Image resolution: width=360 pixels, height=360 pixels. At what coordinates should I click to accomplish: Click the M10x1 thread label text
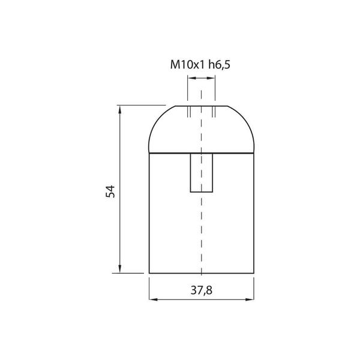[x=187, y=65]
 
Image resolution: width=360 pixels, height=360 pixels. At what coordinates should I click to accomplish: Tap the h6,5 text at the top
[x=219, y=65]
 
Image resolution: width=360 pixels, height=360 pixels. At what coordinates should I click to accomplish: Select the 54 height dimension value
[x=110, y=191]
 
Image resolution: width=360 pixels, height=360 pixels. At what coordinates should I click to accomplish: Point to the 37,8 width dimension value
[x=202, y=290]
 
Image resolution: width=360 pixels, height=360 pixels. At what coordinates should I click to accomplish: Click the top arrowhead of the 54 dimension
[x=119, y=110]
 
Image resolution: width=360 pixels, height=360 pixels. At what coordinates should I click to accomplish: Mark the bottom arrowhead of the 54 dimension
[x=119, y=269]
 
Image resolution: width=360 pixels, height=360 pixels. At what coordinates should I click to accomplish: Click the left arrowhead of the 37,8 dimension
[x=154, y=299]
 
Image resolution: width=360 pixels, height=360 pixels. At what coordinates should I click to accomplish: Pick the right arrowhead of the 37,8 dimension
[x=250, y=299]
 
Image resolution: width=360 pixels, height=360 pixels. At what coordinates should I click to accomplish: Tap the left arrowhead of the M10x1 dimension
[x=192, y=78]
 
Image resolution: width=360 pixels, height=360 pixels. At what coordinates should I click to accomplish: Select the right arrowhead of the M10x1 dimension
[x=211, y=78]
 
